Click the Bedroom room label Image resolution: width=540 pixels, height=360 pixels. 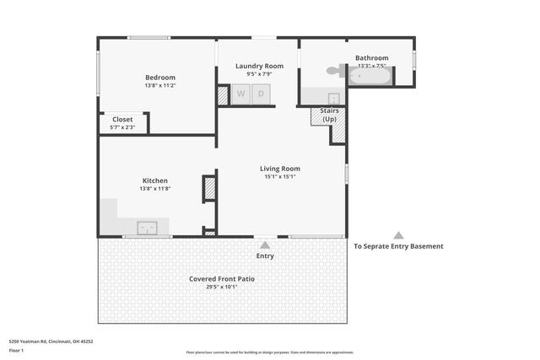click(160, 77)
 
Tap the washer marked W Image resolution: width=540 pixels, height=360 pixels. click(240, 94)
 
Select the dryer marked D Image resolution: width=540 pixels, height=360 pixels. click(262, 94)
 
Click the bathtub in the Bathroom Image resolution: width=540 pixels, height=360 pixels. click(371, 77)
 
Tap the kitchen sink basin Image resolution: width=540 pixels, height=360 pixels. click(147, 227)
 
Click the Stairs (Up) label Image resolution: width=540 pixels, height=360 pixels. click(329, 116)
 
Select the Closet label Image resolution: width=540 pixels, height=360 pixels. click(122, 120)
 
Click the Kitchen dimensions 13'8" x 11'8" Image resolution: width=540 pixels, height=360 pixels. click(155, 189)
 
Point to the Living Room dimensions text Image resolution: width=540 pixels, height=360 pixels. click(279, 177)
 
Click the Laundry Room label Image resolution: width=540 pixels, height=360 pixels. click(258, 65)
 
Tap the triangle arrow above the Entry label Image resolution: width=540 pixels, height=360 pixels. click(265, 245)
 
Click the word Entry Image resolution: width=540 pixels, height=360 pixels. click(265, 255)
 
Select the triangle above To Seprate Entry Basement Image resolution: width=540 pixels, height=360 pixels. click(398, 236)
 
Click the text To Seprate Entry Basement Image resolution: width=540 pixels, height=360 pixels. click(398, 246)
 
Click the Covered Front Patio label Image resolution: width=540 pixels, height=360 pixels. click(222, 278)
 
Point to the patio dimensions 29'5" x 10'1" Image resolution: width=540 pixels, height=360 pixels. click(222, 287)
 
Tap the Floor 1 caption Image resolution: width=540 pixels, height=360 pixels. click(17, 350)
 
